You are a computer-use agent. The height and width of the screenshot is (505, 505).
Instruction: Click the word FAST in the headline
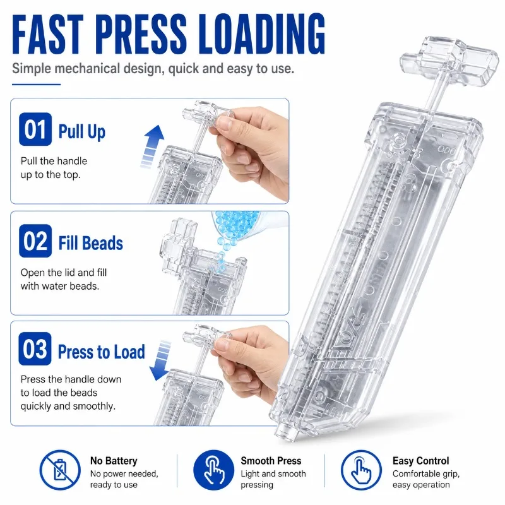[x=48, y=34]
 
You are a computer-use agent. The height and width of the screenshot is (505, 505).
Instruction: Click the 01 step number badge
[x=35, y=129]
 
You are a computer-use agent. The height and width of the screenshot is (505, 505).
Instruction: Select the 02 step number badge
[x=35, y=241]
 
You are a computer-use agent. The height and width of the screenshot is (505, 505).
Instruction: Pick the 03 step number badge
[x=35, y=349]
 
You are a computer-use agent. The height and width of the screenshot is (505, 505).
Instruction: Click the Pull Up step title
[x=82, y=132]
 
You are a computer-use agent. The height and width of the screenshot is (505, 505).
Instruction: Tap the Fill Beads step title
[x=90, y=243]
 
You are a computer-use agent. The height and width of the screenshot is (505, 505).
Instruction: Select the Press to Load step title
[x=101, y=352]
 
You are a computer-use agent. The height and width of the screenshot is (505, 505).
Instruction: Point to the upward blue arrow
[x=153, y=146]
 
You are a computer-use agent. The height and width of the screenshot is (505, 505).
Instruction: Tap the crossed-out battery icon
[x=60, y=470]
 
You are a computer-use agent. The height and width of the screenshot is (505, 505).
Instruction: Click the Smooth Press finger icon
[x=213, y=470]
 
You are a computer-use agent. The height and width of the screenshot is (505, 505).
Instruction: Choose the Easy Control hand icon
[x=361, y=470]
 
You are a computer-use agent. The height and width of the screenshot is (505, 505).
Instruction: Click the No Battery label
[x=114, y=461]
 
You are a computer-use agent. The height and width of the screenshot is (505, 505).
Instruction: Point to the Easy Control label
[x=420, y=461]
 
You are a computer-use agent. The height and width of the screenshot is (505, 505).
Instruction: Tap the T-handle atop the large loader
[x=449, y=62]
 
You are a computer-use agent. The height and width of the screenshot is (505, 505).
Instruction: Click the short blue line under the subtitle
[x=36, y=85]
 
